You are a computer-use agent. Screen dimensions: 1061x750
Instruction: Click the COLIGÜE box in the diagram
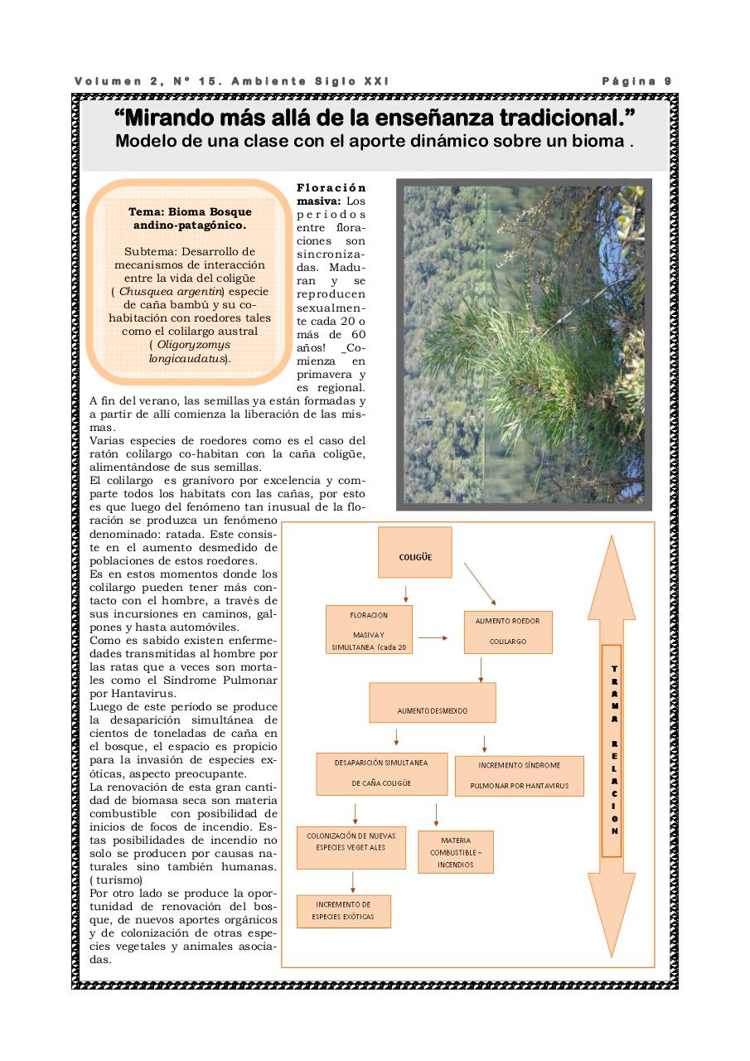[414, 552]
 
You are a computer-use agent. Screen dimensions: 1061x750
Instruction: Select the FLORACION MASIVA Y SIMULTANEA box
[369, 629]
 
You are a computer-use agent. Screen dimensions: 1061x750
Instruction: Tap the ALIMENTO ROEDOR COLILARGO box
[508, 632]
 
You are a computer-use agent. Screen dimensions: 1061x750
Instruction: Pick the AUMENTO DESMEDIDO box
[432, 703]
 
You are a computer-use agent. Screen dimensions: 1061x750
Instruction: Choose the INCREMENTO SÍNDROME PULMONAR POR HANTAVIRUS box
[519, 776]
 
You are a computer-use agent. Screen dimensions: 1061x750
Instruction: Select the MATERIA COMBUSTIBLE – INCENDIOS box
[456, 852]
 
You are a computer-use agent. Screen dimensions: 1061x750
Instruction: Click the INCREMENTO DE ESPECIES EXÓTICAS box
[342, 910]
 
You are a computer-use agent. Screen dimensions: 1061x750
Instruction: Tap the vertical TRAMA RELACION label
[612, 750]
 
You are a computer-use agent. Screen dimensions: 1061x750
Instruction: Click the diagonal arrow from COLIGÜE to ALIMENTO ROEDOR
[479, 584]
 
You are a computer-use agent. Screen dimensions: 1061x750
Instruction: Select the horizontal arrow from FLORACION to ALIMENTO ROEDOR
[433, 638]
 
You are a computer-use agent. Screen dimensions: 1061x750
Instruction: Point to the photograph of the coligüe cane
[524, 344]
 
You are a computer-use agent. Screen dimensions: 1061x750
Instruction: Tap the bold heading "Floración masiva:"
[331, 194]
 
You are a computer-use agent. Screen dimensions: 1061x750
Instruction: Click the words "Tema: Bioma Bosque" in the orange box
[190, 212]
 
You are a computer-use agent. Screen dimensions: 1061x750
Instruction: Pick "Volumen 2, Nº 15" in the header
[145, 81]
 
